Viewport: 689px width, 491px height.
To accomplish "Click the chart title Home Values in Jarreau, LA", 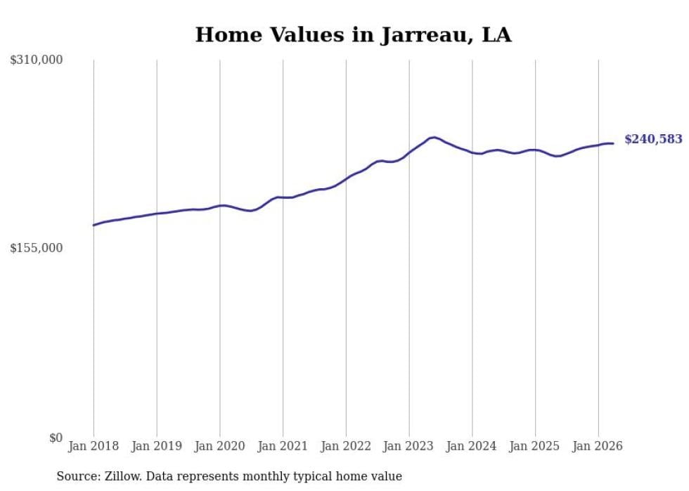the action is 353,34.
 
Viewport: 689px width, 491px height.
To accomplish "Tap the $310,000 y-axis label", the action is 37,60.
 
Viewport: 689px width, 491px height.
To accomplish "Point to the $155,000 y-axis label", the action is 37,248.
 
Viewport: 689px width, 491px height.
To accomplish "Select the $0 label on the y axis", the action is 56,438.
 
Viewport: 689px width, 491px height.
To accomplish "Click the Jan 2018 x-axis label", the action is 94,446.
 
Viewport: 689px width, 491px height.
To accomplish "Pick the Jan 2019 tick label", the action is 157,446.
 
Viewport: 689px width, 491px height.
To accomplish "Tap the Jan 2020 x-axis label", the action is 219,446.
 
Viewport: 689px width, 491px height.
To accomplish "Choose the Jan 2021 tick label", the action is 283,446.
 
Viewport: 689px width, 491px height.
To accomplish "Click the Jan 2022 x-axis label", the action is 346,446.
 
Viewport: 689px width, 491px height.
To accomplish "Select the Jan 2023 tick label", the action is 408,446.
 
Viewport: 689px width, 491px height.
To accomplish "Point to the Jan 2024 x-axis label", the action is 472,446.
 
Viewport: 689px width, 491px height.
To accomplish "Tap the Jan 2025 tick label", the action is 535,446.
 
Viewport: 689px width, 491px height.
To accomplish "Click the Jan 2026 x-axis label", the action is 598,446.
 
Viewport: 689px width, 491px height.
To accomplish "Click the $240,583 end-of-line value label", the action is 653,139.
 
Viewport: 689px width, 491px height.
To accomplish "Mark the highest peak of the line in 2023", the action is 433,138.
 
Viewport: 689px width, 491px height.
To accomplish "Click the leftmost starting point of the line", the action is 93,225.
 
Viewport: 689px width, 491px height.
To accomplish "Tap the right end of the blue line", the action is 613,143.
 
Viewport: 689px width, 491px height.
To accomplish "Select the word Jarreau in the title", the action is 425,35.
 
